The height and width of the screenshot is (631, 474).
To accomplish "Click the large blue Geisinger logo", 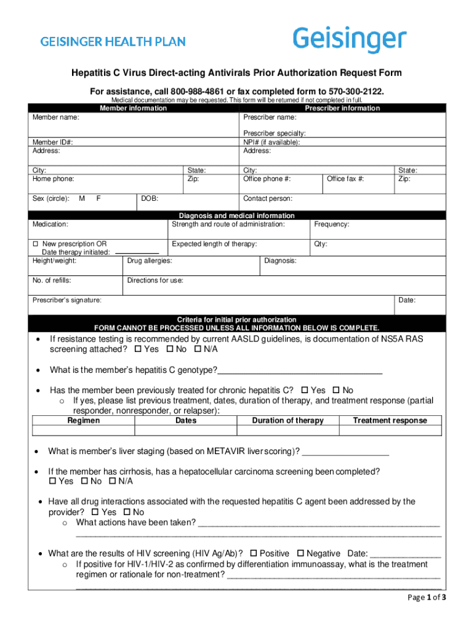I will pyautogui.click(x=349, y=40).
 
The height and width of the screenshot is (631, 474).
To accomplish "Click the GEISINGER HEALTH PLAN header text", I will pyautogui.click(x=113, y=42).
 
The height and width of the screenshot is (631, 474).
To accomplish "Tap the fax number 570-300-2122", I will pyautogui.click(x=355, y=91).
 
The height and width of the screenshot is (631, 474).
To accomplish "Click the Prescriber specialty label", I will pyautogui.click(x=274, y=134).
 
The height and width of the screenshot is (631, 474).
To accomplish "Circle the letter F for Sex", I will pyautogui.click(x=98, y=199).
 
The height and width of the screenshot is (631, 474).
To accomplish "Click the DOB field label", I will pyautogui.click(x=150, y=199).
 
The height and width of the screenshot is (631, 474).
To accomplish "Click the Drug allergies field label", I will pyautogui.click(x=149, y=261).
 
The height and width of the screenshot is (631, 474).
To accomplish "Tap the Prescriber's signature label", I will pyautogui.click(x=66, y=301).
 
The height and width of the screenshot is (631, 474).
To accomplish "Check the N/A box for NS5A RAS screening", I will pyautogui.click(x=198, y=349).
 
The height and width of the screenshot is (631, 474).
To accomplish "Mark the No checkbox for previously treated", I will pyautogui.click(x=336, y=391).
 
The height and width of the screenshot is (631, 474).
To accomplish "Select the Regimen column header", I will pyautogui.click(x=83, y=421).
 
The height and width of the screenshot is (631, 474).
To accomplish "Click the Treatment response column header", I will pyautogui.click(x=389, y=421).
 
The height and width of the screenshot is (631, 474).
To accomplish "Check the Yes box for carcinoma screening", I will pyautogui.click(x=52, y=481).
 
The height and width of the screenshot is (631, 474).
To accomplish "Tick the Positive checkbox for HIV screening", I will pyautogui.click(x=254, y=554).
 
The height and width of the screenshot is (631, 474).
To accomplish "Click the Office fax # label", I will pyautogui.click(x=345, y=179).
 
